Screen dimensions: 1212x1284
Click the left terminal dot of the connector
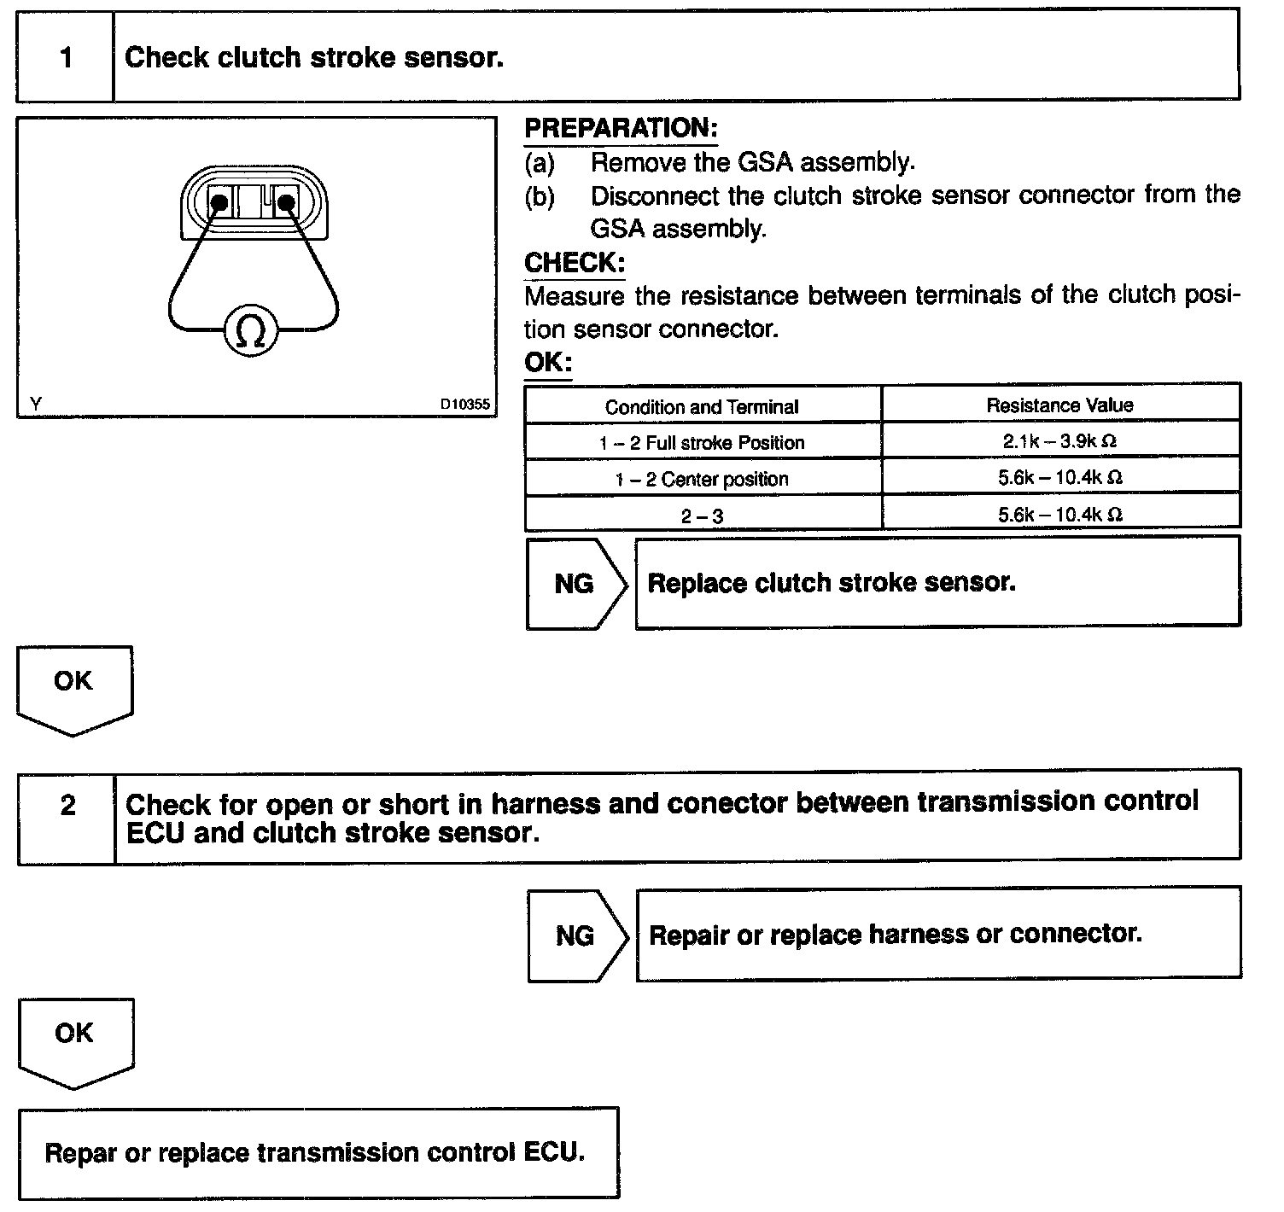(219, 202)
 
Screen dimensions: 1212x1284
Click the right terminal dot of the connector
(286, 202)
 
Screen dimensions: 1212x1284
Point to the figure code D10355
(465, 404)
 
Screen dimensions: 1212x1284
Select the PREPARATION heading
(621, 128)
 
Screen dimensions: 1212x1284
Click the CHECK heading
(575, 262)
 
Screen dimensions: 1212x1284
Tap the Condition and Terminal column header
(702, 407)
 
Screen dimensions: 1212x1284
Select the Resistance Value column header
(1059, 405)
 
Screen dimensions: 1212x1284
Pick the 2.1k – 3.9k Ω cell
(1059, 442)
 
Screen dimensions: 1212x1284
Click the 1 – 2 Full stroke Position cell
(702, 443)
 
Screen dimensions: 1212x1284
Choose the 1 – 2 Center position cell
(702, 479)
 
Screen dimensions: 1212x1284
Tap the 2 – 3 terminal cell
(702, 516)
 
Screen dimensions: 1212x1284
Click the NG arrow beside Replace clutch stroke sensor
(575, 584)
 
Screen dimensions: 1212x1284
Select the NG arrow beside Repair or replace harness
(576, 935)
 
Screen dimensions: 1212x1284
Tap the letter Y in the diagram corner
(35, 404)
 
